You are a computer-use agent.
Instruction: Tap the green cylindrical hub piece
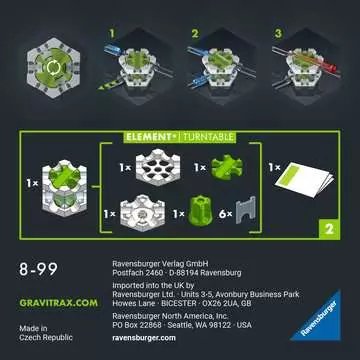click(206, 213)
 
